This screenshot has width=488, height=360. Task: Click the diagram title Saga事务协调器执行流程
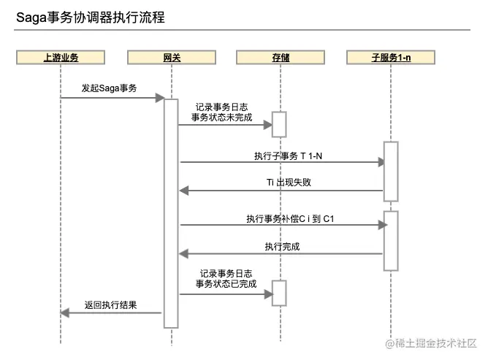[91, 18]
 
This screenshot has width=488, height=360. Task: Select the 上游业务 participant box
[61, 58]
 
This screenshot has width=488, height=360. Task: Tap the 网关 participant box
[171, 58]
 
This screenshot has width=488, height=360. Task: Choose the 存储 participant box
[281, 58]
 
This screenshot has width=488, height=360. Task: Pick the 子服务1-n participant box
[390, 58]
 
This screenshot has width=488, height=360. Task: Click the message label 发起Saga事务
[109, 87]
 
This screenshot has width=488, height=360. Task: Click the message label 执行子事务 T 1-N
[283, 156]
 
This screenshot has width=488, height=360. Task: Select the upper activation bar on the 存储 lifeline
[280, 124]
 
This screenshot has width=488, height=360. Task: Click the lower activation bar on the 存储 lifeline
[280, 293]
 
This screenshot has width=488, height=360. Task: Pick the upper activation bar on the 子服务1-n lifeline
[390, 171]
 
